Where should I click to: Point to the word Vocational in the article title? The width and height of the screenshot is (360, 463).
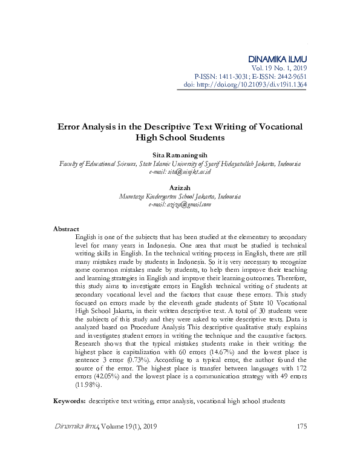pyautogui.click(x=274, y=127)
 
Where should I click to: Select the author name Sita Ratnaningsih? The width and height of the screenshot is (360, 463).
pyautogui.click(x=180, y=156)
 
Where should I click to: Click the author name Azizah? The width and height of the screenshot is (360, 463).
pyautogui.click(x=180, y=189)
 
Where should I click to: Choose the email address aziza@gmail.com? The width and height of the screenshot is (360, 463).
pyautogui.click(x=188, y=205)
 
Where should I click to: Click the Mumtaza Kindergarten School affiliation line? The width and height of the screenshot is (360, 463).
pyautogui.click(x=180, y=197)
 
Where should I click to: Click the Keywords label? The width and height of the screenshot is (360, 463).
pyautogui.click(x=69, y=401)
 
